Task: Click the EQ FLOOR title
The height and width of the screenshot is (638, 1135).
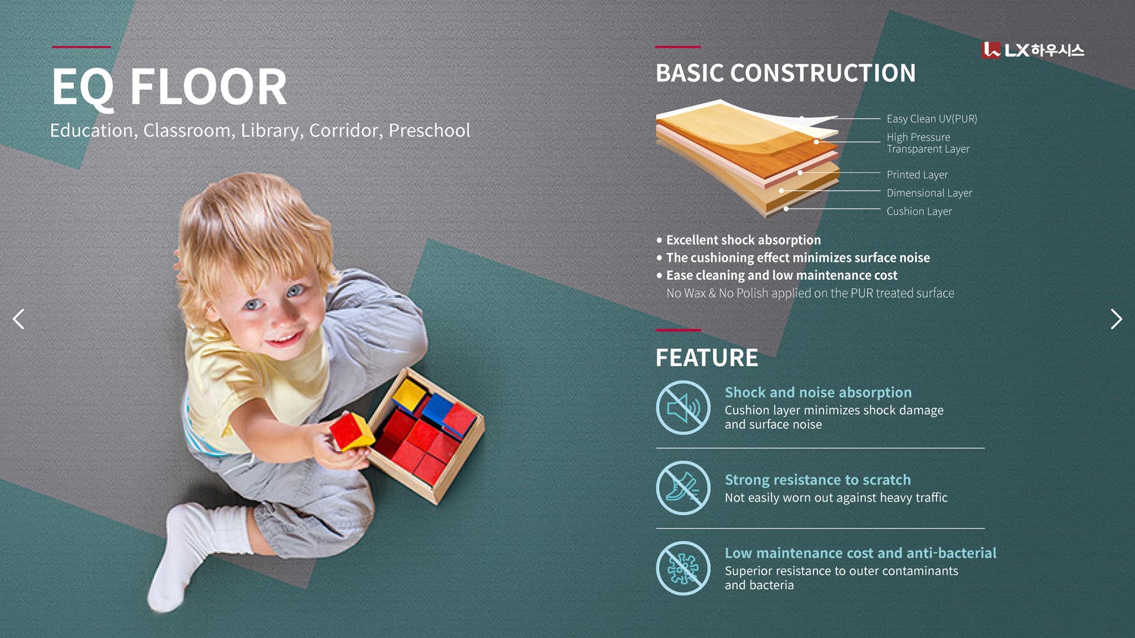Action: (169, 87)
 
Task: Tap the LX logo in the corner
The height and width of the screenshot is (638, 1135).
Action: (1033, 50)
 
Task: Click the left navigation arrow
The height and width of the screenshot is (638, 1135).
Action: (19, 319)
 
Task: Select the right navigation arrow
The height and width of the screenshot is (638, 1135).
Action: (1116, 319)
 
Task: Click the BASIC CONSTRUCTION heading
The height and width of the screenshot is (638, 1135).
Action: (786, 73)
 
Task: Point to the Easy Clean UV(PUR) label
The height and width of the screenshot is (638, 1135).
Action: (932, 119)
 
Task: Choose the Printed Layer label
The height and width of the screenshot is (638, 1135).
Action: (917, 175)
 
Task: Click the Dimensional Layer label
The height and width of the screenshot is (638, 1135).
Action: (929, 193)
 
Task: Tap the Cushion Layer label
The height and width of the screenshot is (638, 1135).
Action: (919, 211)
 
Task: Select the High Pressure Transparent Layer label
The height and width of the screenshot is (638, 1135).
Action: (928, 143)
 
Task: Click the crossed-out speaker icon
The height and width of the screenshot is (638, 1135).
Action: (683, 408)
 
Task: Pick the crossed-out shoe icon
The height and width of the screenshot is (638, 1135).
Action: (683, 488)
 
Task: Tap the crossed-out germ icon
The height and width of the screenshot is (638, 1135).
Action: (683, 568)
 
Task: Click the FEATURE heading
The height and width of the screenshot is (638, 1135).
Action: (706, 358)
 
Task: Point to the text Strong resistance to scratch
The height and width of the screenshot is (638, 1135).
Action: (818, 480)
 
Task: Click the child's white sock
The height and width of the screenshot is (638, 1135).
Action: (189, 555)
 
